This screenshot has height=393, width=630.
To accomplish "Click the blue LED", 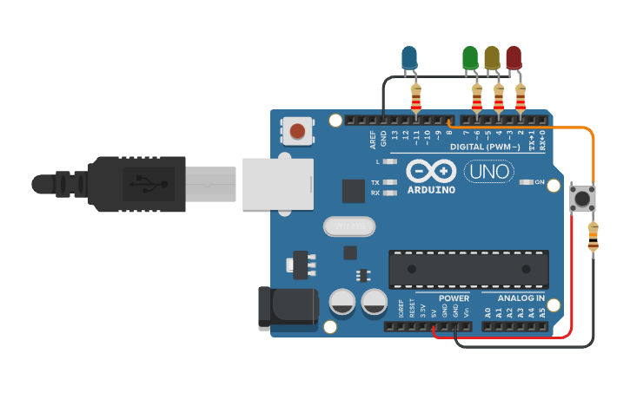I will coord(409,57).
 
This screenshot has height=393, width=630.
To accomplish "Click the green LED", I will coord(470,57).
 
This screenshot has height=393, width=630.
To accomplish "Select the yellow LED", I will coord(492,57).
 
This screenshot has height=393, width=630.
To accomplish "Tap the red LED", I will coord(514,57).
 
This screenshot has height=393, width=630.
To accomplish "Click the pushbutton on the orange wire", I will coord(581,199).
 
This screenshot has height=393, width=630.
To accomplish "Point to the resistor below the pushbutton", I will coord(593,237).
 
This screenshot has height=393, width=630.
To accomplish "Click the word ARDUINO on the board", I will coord(430,189).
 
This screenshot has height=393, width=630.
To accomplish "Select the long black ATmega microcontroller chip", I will coord(468,269).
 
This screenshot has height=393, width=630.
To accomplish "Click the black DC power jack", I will coord(287,308).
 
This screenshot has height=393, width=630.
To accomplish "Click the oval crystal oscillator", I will coord(349,226).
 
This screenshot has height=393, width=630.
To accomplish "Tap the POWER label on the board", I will coord(454,298).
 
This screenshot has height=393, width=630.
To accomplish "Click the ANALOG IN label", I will coord(521,298).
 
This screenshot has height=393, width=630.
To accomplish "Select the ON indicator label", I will coord(539,182).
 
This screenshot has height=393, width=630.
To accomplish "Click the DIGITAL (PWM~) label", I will coord(486,147).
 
